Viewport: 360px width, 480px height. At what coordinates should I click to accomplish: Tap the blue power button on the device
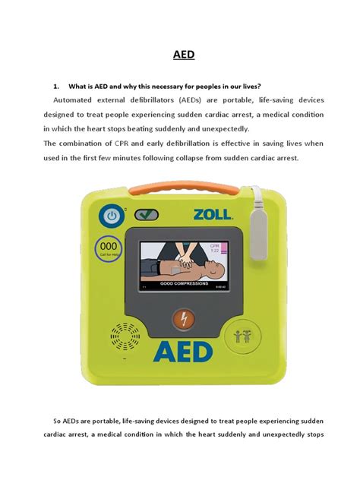point(113,216)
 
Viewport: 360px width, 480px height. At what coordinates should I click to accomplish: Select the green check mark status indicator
point(147,215)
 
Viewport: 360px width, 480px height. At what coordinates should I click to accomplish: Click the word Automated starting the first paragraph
point(80,99)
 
